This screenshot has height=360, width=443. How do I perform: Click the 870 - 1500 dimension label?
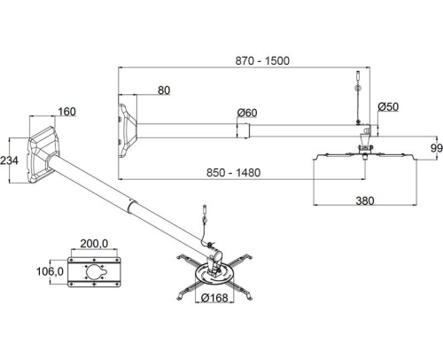pyautogui.click(x=262, y=60)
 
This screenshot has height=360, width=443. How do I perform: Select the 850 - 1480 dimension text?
pyautogui.click(x=233, y=173)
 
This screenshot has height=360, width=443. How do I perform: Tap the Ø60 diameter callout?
pyautogui.click(x=247, y=113)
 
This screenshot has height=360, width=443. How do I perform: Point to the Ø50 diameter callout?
pyautogui.click(x=388, y=106)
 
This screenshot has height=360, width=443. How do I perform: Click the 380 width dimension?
pyautogui.click(x=365, y=201)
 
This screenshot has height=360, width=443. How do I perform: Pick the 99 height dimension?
pyautogui.click(x=437, y=148)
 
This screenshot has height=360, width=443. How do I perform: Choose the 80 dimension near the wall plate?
pyautogui.click(x=164, y=90)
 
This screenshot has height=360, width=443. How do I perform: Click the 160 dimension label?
pyautogui.click(x=66, y=112)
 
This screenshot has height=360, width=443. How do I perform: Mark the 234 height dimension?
pyautogui.click(x=9, y=160)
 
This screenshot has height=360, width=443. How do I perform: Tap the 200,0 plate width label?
pyautogui.click(x=94, y=244)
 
